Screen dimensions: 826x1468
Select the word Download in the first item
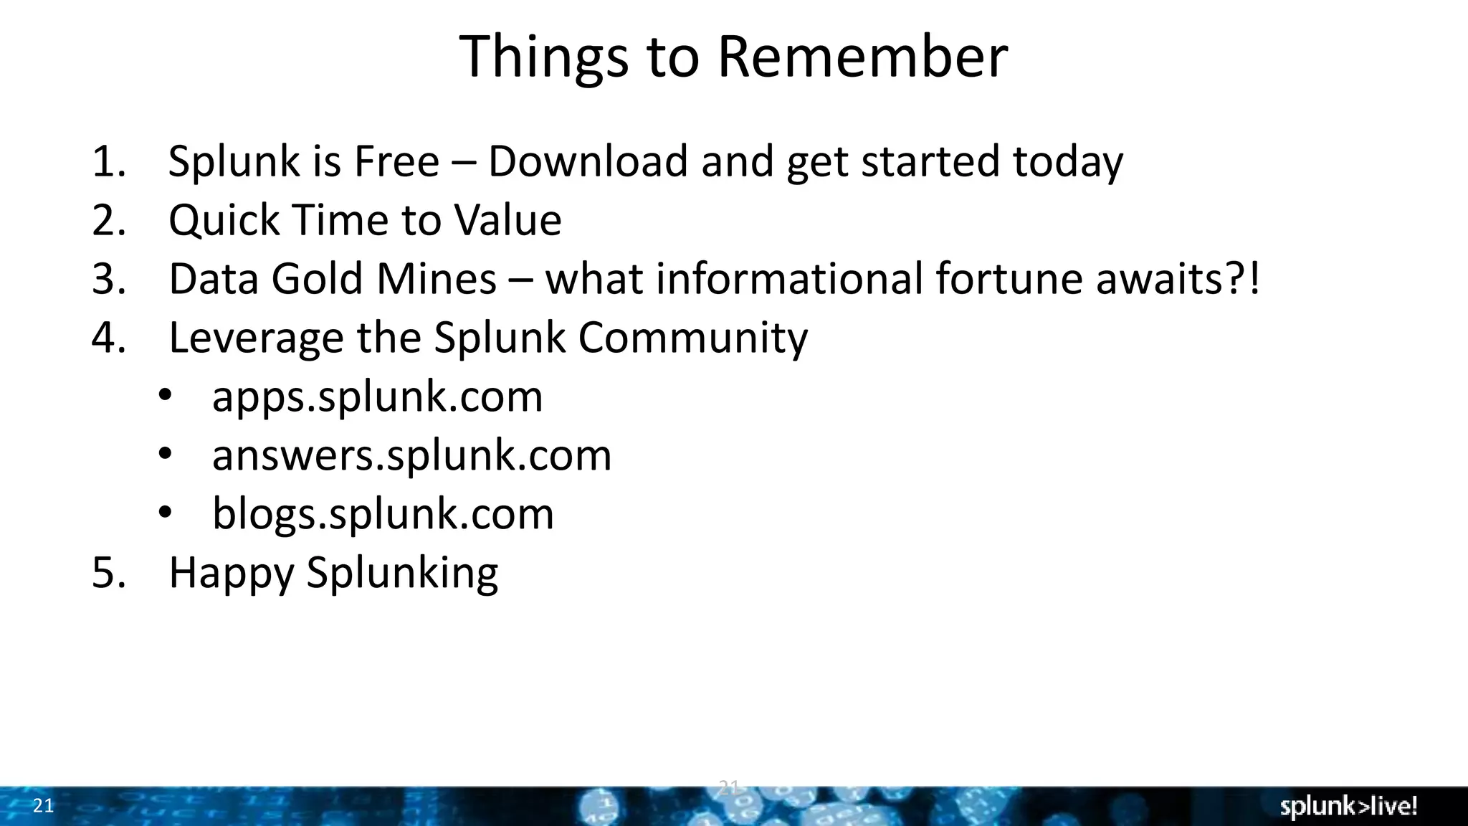coord(588,161)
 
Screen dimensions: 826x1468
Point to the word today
coord(1067,162)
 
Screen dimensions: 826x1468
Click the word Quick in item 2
coord(224,220)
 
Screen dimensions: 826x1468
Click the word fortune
coord(1009,278)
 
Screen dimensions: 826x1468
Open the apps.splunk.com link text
coord(377,397)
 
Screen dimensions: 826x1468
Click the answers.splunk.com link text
coord(411,455)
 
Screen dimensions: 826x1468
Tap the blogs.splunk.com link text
coord(383,514)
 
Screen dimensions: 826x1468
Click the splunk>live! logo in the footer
coord(1348,807)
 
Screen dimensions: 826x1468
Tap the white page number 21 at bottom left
coord(43,806)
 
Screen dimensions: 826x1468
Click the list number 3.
coord(108,278)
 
